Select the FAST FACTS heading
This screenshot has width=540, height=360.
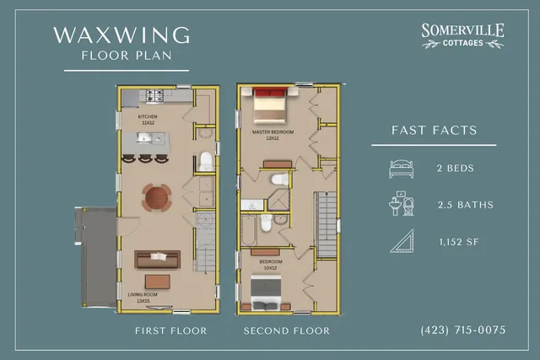pyautogui.click(x=435, y=131)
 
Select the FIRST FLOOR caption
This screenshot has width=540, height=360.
pyautogui.click(x=170, y=330)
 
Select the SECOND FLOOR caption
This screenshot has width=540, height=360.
pyautogui.click(x=287, y=330)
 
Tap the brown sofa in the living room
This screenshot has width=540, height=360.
pyautogui.click(x=158, y=259)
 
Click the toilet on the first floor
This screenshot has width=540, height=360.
pyautogui.click(x=204, y=161)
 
